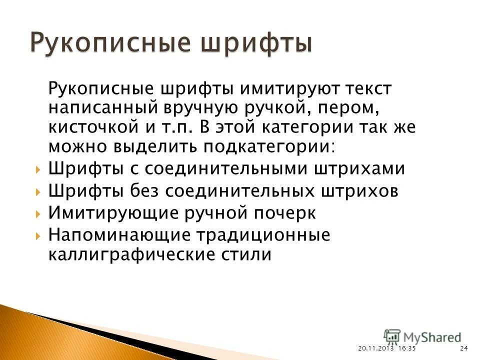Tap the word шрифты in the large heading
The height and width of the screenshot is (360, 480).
[256, 43]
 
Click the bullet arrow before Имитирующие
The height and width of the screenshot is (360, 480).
[38, 214]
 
